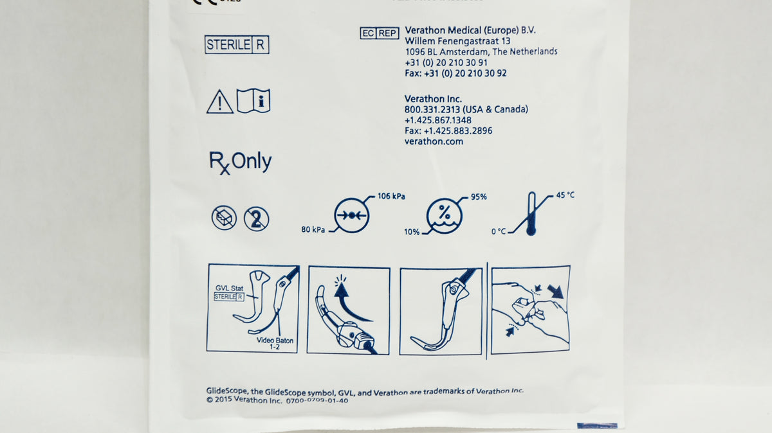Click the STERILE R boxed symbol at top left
pyautogui.click(x=236, y=45)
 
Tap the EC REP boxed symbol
pyautogui.click(x=379, y=33)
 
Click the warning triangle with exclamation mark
pyautogui.click(x=220, y=102)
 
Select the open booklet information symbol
pyautogui.click(x=253, y=101)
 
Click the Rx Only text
pyautogui.click(x=240, y=162)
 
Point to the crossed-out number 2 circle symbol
pyautogui.click(x=257, y=219)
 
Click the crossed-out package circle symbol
pyautogui.click(x=224, y=219)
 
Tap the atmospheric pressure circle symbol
pyautogui.click(x=352, y=215)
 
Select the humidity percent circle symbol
pyautogui.click(x=445, y=215)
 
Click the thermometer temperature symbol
pyautogui.click(x=531, y=215)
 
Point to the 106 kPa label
pyautogui.click(x=391, y=196)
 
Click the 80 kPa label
pyautogui.click(x=313, y=229)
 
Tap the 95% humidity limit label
pyautogui.click(x=479, y=197)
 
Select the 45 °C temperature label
pyautogui.click(x=565, y=195)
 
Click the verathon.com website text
pyautogui.click(x=434, y=141)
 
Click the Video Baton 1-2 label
pyautogui.click(x=275, y=344)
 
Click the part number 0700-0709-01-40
pyautogui.click(x=317, y=400)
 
